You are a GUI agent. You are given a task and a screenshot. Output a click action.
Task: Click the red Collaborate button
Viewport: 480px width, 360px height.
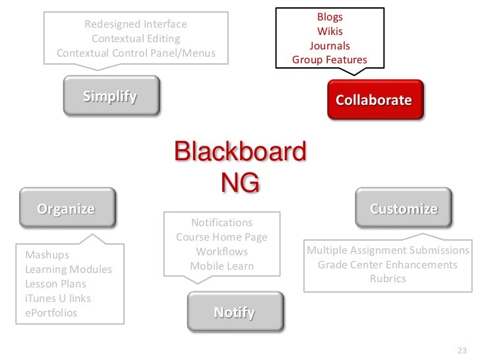[x=374, y=100]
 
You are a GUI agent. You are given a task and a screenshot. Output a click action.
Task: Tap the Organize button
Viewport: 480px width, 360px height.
[x=66, y=210]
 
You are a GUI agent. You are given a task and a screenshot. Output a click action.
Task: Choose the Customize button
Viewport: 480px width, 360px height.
[x=404, y=209]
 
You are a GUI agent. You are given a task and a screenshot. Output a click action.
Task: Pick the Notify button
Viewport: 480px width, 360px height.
[x=234, y=312]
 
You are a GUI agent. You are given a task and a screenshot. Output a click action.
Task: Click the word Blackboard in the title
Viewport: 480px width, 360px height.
[x=239, y=152]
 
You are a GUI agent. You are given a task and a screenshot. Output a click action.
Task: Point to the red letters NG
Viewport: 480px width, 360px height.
[x=239, y=183]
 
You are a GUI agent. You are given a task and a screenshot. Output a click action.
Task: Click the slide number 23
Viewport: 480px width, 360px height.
[x=462, y=350]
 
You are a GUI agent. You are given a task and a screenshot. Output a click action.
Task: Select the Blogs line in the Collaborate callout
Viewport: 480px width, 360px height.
[x=330, y=16]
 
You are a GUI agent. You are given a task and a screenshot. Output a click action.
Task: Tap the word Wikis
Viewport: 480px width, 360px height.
[x=330, y=31]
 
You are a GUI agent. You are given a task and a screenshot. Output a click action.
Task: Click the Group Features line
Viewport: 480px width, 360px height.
[x=330, y=60]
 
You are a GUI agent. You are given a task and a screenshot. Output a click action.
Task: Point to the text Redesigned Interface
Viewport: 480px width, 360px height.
[x=136, y=24]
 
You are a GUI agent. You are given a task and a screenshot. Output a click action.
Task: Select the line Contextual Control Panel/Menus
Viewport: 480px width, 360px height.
[x=136, y=53]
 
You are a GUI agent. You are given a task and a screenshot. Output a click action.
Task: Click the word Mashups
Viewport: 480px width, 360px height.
[x=47, y=255]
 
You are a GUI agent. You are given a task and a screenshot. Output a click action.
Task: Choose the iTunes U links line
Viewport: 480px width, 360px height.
[x=58, y=298]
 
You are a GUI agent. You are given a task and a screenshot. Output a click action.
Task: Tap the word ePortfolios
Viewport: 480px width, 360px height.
[x=51, y=313]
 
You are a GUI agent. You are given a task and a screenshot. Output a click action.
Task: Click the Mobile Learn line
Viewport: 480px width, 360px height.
[x=222, y=266]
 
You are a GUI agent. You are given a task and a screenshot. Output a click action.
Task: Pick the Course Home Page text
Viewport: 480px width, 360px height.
[x=222, y=237]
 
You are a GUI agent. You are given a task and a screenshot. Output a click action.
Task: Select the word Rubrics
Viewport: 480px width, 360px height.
[x=388, y=279]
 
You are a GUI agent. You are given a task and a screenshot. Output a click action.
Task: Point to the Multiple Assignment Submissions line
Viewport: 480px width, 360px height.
[x=388, y=251]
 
